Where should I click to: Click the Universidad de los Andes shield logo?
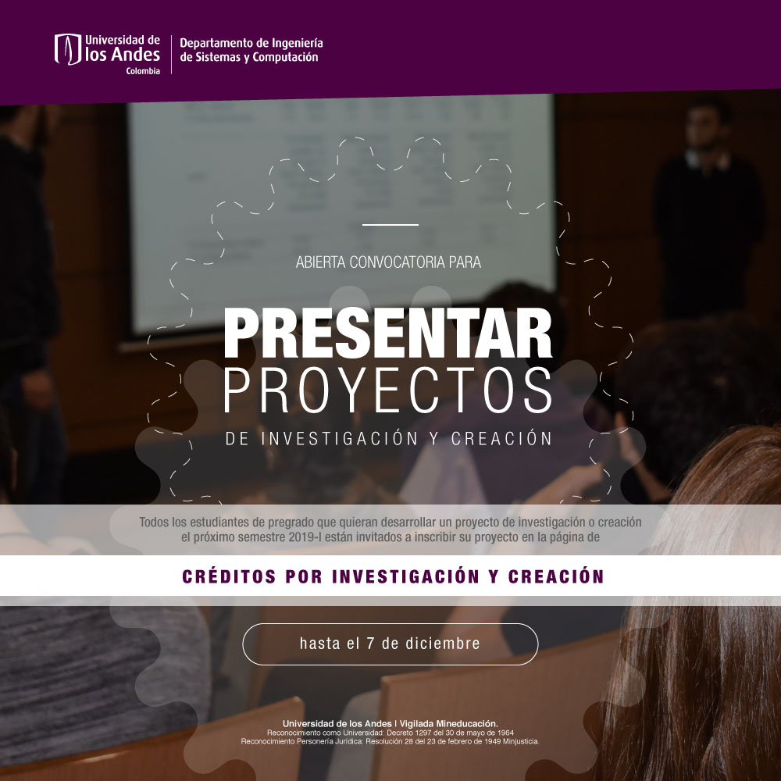(68, 49)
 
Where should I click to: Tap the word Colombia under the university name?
(143, 71)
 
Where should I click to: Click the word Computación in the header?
(285, 58)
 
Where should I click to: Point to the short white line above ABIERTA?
(390, 225)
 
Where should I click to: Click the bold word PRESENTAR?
(388, 333)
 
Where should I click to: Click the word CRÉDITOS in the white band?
(229, 576)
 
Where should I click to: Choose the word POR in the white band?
(303, 576)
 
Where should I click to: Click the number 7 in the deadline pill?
(370, 644)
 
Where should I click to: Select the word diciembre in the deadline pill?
(443, 644)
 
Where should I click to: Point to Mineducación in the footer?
(467, 723)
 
